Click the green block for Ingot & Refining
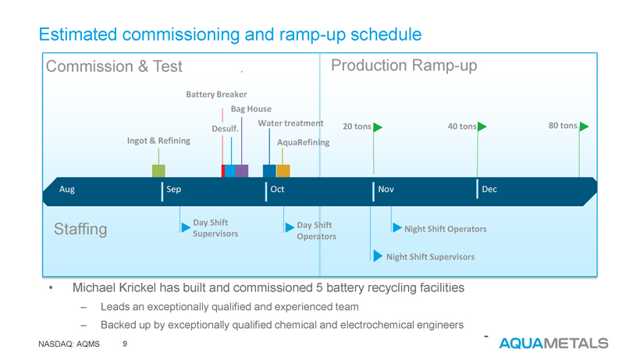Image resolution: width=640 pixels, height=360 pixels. pyautogui.click(x=158, y=171)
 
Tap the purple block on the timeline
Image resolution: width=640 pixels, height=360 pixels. pyautogui.click(x=242, y=171)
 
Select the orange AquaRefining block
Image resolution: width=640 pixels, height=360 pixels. pyautogui.click(x=283, y=171)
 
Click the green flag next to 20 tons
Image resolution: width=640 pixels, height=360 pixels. pyautogui.click(x=378, y=127)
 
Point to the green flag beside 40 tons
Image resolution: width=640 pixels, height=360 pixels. pyautogui.click(x=482, y=127)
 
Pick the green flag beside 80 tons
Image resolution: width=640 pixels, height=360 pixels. pyautogui.click(x=583, y=127)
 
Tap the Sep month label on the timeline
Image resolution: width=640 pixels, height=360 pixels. pyautogui.click(x=173, y=191)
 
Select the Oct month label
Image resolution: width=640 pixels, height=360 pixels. pyautogui.click(x=277, y=191)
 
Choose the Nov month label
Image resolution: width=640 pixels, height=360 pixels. pyautogui.click(x=386, y=191)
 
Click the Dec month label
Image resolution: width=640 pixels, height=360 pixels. pyautogui.click(x=489, y=191)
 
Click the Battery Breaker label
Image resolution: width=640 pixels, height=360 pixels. pyautogui.click(x=216, y=94)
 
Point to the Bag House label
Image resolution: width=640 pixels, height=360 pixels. pyautogui.click(x=251, y=109)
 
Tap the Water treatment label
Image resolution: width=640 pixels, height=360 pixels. pyautogui.click(x=290, y=123)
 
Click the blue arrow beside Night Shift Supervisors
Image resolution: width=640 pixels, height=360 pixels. pyautogui.click(x=379, y=256)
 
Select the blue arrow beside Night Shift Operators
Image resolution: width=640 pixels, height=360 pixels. pyautogui.click(x=396, y=228)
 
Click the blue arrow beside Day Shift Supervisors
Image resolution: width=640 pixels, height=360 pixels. pyautogui.click(x=185, y=227)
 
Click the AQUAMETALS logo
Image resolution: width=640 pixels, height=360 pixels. pyautogui.click(x=553, y=343)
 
